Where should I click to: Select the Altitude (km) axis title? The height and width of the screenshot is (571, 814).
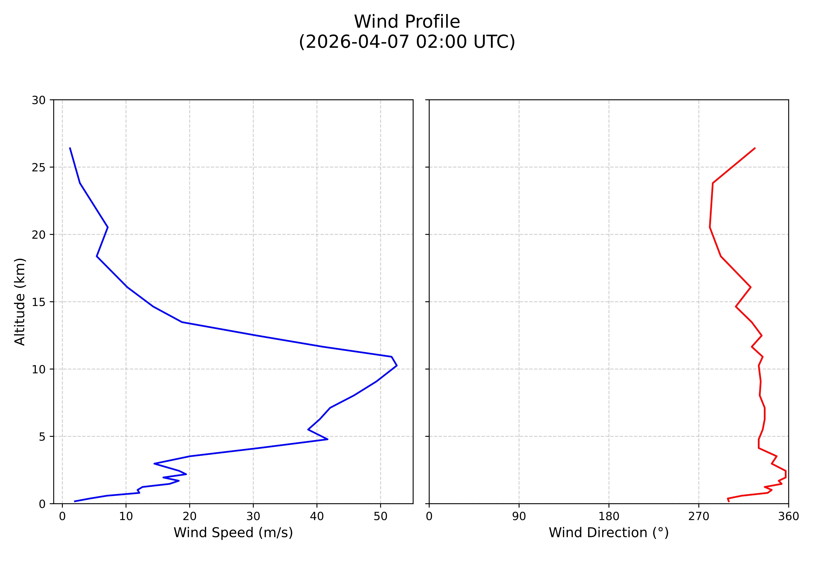tap(20, 302)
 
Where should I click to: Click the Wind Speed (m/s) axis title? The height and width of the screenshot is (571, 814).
tap(233, 532)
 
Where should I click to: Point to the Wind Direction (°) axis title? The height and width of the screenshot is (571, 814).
tap(608, 532)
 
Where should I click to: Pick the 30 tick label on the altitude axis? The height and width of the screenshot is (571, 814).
tap(39, 100)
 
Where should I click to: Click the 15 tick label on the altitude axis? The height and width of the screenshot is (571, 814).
tap(39, 302)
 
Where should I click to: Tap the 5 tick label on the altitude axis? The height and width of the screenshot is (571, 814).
tap(42, 436)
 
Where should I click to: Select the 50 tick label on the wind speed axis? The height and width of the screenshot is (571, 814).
tap(380, 517)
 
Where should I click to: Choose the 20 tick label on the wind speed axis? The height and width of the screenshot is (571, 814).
tap(190, 517)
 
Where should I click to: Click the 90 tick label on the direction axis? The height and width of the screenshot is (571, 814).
tap(519, 517)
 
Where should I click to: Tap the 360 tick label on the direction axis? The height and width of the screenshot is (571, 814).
tap(788, 517)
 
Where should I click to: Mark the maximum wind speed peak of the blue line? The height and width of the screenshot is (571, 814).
tap(397, 365)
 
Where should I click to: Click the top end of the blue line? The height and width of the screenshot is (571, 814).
tap(70, 148)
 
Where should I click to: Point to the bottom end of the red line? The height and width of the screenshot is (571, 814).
tap(729, 501)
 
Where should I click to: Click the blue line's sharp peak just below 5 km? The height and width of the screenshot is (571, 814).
tap(328, 439)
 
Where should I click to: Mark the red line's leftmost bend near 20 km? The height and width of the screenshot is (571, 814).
tap(710, 227)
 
